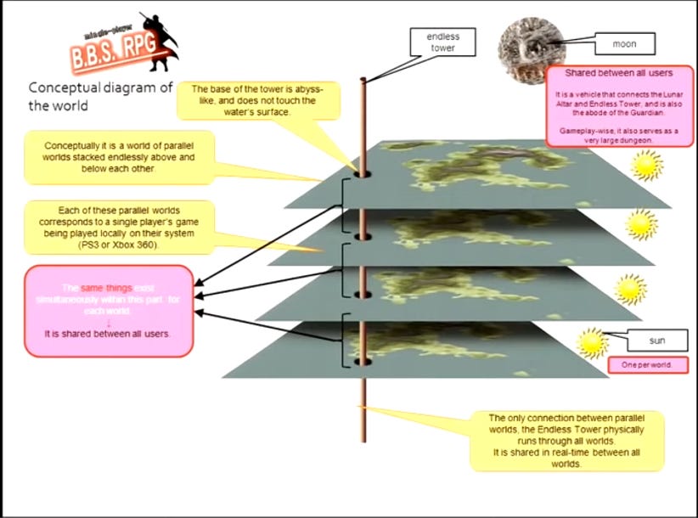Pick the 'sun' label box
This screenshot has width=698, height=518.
(656, 341)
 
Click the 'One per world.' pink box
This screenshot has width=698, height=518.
(647, 365)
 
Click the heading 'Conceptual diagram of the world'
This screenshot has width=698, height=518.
(100, 96)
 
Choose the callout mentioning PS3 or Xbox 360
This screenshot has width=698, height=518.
(107, 225)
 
